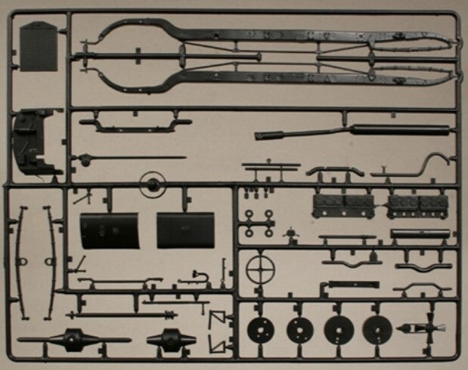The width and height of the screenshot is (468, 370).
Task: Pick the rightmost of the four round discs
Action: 377,329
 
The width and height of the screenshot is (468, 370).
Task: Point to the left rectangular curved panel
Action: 110,230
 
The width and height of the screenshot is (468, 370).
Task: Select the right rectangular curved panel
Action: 185,230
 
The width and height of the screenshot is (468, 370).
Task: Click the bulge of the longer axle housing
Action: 73,340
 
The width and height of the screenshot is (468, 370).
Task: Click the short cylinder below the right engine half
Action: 420,234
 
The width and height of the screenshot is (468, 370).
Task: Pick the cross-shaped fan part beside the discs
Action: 427,328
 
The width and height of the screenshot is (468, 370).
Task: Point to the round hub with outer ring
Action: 152,183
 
